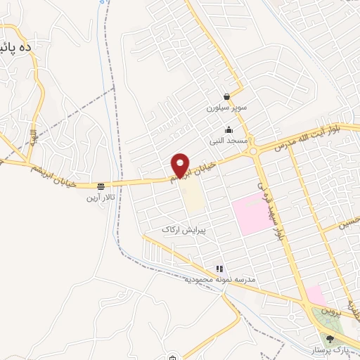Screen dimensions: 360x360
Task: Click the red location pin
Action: (x=181, y=165)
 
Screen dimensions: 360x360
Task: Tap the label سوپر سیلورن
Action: (x=224, y=108)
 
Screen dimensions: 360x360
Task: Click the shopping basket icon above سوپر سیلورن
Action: (x=226, y=96)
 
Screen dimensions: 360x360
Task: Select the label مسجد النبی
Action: (x=227, y=141)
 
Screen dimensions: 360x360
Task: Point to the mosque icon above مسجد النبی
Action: (x=229, y=129)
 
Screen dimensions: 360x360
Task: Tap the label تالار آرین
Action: (x=100, y=198)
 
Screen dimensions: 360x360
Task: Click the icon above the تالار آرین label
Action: (x=102, y=186)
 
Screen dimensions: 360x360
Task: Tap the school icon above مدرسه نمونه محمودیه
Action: (x=219, y=268)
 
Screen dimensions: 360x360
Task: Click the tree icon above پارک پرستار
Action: (x=330, y=339)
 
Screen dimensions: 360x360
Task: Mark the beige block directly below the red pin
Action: (x=193, y=199)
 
